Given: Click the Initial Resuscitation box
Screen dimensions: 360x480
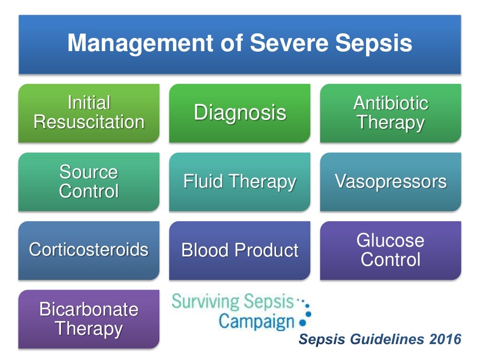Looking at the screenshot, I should click(x=89, y=113).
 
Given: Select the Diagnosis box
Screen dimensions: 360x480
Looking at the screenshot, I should click(x=240, y=113).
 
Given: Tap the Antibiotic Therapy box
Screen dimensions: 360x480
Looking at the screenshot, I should click(x=390, y=113).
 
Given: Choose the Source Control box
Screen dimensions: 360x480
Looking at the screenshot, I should click(x=89, y=182).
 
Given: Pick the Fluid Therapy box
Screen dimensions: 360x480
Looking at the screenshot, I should click(x=240, y=182).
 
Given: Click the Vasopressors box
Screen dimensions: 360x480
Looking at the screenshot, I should click(x=390, y=182).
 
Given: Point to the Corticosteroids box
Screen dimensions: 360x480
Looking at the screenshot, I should click(x=89, y=250).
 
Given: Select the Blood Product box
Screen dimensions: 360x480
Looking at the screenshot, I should click(x=240, y=250).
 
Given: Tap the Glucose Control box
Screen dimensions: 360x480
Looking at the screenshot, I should click(x=390, y=250).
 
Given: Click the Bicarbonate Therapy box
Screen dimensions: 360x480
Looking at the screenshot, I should click(x=89, y=319).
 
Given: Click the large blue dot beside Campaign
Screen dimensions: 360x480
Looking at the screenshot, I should click(x=302, y=322).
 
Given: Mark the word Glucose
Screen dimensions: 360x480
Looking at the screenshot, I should click(x=390, y=240).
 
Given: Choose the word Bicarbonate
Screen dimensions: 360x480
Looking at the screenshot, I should click(x=89, y=309).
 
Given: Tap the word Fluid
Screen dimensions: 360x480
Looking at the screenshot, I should click(x=200, y=182).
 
